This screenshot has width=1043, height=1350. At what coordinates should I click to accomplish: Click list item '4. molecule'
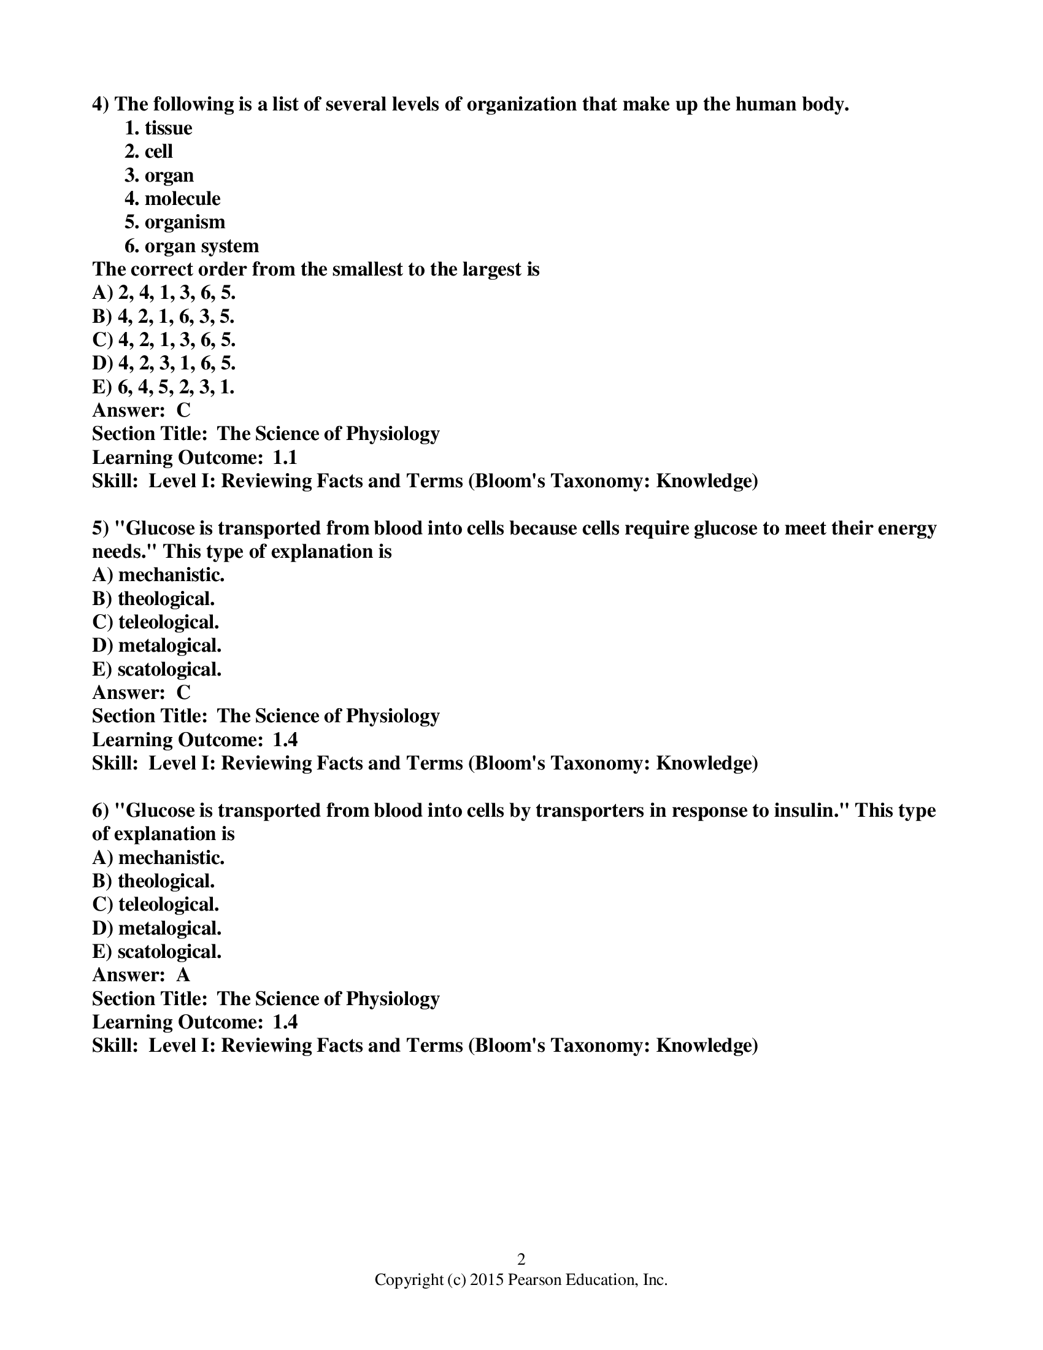tap(172, 198)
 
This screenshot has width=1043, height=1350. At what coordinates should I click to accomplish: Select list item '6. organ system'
tap(191, 246)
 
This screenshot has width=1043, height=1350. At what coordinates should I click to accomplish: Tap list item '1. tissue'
tap(158, 128)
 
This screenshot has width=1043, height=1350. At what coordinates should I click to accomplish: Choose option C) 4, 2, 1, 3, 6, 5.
tap(164, 340)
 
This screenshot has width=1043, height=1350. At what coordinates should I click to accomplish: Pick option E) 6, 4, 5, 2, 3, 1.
tap(163, 387)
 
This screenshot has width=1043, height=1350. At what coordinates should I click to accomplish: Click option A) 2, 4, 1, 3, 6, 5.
tap(164, 292)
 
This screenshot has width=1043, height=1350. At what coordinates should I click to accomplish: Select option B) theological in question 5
tap(153, 598)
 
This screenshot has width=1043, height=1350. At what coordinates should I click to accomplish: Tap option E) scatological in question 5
tap(156, 669)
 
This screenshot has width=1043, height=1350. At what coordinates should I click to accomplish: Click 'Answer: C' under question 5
tap(141, 692)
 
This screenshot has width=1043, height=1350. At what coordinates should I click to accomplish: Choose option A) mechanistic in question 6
tap(158, 857)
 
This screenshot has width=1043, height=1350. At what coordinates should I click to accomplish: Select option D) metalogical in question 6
tap(157, 928)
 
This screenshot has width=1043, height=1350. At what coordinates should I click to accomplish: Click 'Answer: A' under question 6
tap(141, 975)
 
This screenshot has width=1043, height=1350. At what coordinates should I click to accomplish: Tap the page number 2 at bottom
tap(521, 1259)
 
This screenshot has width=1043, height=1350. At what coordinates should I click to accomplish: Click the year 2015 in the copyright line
tap(487, 1279)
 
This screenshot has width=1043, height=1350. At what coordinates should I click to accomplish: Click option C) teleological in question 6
tap(156, 904)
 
